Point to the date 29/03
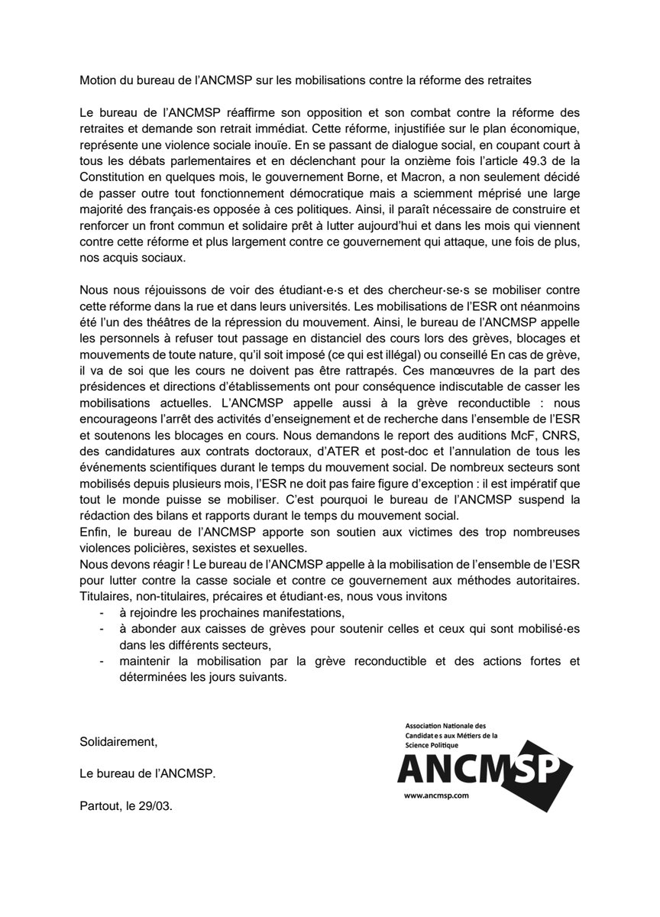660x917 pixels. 158,805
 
